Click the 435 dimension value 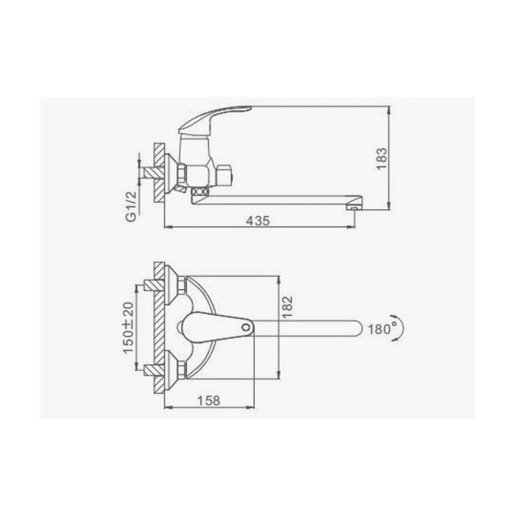click(258, 221)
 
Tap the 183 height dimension click(382, 159)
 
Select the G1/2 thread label click(132, 206)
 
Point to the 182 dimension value click(287, 307)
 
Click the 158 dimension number click(208, 401)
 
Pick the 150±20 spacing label click(128, 327)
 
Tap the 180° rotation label click(382, 329)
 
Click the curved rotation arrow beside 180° click(399, 328)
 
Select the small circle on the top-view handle click(245, 328)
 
